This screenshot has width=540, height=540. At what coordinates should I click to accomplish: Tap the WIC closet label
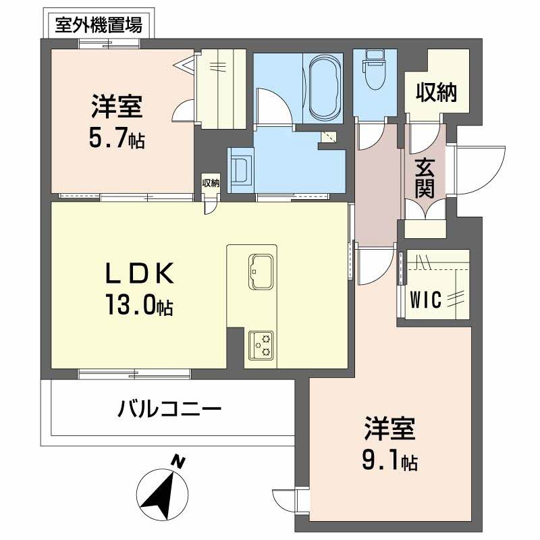pos(427,300)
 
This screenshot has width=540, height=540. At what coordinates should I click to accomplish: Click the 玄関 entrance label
pos(425,177)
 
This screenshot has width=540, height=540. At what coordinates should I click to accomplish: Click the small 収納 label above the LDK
pos(211,183)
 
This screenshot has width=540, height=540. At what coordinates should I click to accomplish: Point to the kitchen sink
pos(261,271)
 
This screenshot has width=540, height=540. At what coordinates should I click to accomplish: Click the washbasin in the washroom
pos(240,169)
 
